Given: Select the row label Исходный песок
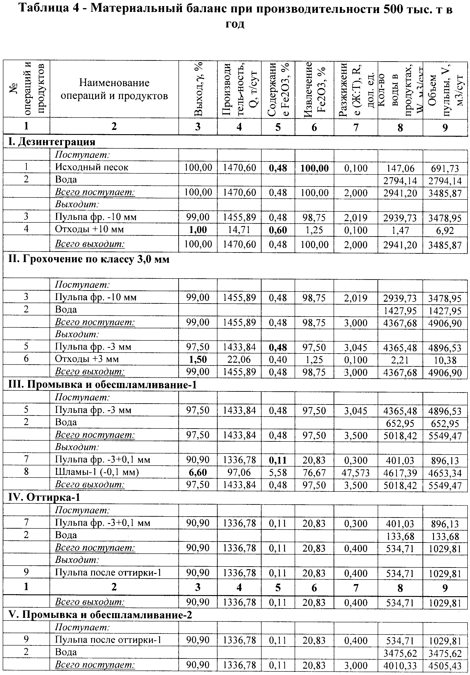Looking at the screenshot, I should coord(92,167).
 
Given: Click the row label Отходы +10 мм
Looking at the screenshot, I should coord(89,229).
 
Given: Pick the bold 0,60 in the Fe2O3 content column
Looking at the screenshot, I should coord(278,230).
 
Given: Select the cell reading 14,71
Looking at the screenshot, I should coord(240,230).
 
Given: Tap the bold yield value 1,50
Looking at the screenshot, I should coord(198,359).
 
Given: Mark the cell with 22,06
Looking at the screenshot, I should coord(240,360).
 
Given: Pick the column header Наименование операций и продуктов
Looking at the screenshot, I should coord(114,89).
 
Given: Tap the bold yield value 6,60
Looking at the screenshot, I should coord(198,472).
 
